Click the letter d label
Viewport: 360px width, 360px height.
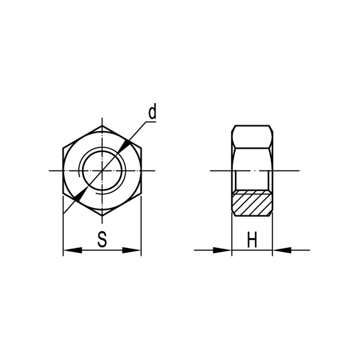[x=152, y=111]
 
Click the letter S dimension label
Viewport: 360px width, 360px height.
[x=102, y=239]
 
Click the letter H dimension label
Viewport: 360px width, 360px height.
[x=252, y=240]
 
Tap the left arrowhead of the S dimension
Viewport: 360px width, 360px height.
[x=73, y=250]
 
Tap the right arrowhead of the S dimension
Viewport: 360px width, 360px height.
[x=131, y=250]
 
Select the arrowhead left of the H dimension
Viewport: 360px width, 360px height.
[x=222, y=250]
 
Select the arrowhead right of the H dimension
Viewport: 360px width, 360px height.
[x=282, y=250]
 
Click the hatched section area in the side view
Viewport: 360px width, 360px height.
[x=252, y=203]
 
